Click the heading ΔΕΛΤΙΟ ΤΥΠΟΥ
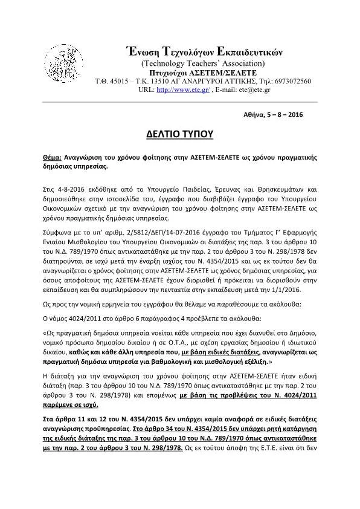pyautogui.click(x=181, y=133)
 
